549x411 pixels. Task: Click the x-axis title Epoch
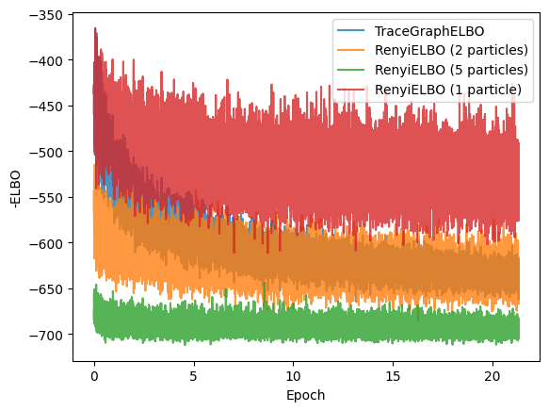[305, 395]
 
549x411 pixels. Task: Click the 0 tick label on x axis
[94, 374]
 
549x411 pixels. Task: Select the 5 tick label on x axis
[193, 374]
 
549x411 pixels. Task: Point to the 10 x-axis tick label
[293, 374]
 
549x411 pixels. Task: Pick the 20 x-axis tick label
[492, 374]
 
